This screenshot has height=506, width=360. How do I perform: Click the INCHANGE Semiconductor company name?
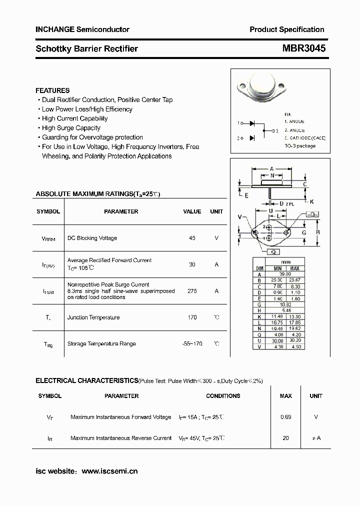pyautogui.click(x=82, y=29)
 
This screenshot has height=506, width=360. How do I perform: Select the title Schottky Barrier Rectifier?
pyautogui.click(x=86, y=49)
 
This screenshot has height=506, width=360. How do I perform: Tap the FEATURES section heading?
pyautogui.click(x=52, y=90)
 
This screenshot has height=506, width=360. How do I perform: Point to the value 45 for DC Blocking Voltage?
pyautogui.click(x=192, y=238)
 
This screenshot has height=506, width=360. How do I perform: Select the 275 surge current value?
pyautogui.click(x=192, y=291)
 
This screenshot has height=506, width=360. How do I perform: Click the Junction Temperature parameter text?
pyautogui.click(x=93, y=317)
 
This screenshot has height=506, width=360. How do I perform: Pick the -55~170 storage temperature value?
pyautogui.click(x=192, y=344)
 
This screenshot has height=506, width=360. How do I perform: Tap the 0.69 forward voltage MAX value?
pyautogui.click(x=285, y=417)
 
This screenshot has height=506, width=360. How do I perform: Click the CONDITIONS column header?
pyautogui.click(x=223, y=396)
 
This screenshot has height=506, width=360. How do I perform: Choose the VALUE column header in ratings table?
pyautogui.click(x=192, y=211)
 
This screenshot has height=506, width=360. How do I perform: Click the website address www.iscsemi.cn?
pyautogui.click(x=109, y=471)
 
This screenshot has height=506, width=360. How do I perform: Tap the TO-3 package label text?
pyautogui.click(x=300, y=146)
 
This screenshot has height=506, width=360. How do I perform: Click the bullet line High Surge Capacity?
pyautogui.click(x=71, y=128)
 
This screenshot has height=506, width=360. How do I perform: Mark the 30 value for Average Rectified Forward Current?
pyautogui.click(x=192, y=264)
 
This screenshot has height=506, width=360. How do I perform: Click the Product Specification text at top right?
pyautogui.click(x=287, y=29)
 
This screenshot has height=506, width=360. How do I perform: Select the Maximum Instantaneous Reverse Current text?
pyautogui.click(x=121, y=438)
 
